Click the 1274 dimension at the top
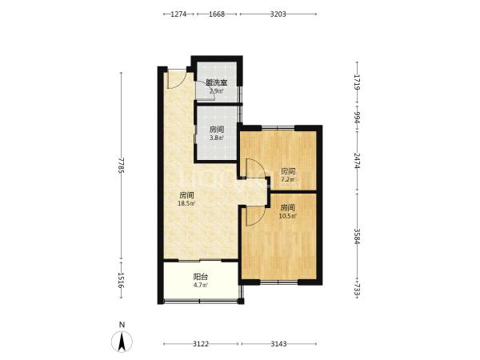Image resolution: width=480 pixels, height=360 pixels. point(178,14)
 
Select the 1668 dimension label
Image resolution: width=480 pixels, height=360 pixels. point(217,14)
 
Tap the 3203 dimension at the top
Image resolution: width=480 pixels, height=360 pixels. point(278,14)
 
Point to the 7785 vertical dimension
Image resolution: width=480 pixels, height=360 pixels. point(122,166)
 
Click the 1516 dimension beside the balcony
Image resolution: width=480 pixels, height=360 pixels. point(122,281)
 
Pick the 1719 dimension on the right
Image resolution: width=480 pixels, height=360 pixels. point(357,82)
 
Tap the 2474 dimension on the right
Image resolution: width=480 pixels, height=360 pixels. point(357,161)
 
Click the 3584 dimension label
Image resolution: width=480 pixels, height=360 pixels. point(357,236)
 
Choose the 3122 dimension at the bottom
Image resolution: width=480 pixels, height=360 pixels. point(201,344)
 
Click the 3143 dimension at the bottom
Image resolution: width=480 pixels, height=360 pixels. point(279,344)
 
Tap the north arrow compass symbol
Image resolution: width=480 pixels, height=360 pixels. point(122,342)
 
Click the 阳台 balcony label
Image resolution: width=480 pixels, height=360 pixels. point(201,277)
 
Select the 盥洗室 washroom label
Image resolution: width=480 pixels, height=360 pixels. point(217,82)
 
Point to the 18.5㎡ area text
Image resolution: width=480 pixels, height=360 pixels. point(186,203)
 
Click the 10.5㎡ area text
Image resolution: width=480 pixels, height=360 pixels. point(287,216)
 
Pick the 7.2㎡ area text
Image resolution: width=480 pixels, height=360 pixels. point(288,179)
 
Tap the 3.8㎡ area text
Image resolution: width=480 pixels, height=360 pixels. point(217,138)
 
